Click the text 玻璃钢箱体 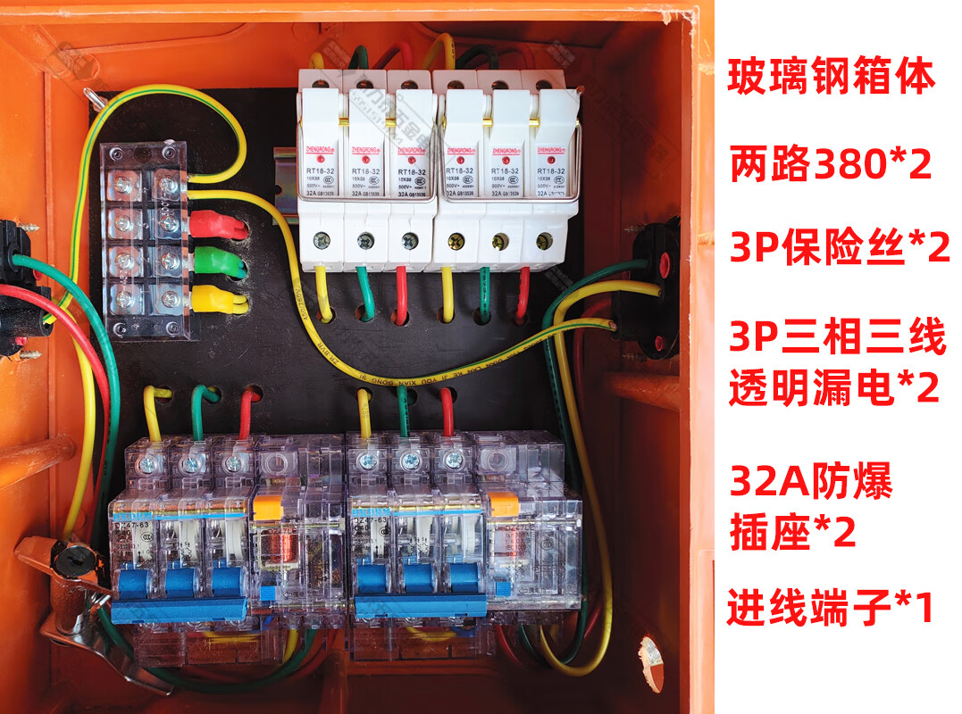pos(832,77)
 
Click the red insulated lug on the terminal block pos(218,223)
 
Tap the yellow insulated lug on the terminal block pos(218,299)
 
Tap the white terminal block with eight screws pos(145,241)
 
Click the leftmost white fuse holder pos(320,178)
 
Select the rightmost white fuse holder pos(548,178)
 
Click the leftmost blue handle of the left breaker pos(130,582)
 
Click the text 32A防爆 pos(810,485)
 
